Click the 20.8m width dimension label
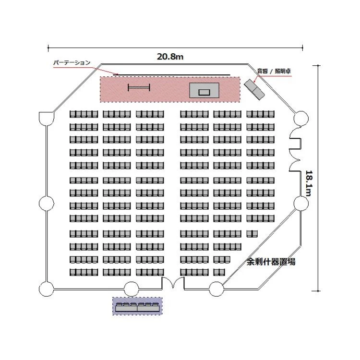coord(170,57)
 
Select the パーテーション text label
coord(72,63)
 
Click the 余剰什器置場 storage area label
coord(271,262)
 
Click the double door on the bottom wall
coord(173,284)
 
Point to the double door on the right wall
coord(295,149)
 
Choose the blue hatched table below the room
coord(137,306)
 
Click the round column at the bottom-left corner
coord(46,289)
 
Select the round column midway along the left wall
coord(46,204)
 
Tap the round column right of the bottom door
coord(216,289)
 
